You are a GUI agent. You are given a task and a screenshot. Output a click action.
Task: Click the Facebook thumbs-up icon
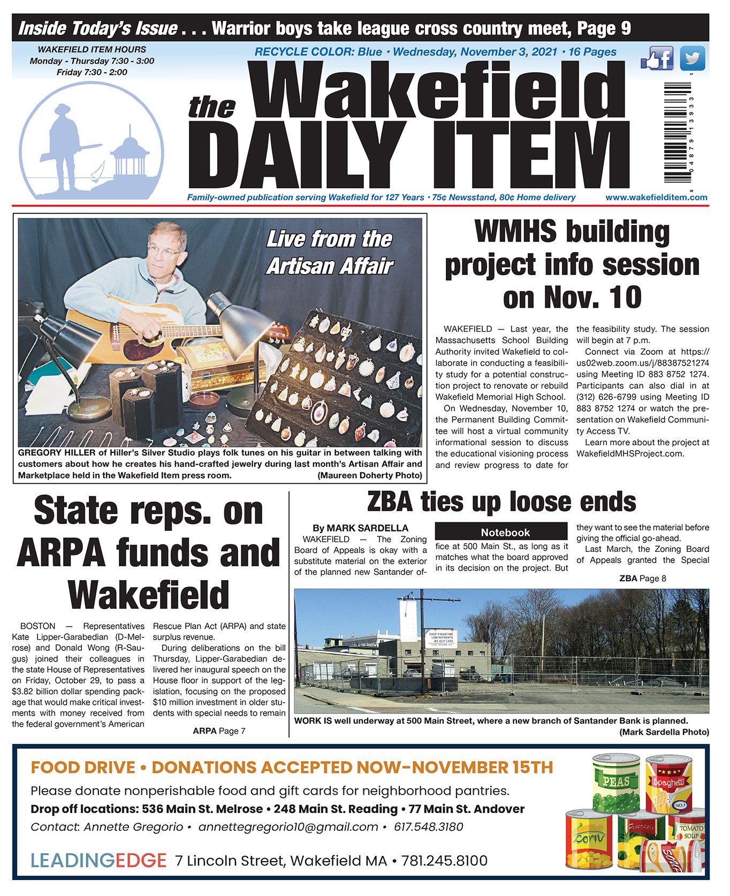(x=657, y=58)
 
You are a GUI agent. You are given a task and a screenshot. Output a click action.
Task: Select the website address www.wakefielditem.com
(x=656, y=198)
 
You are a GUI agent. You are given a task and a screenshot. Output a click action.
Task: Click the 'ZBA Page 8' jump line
(x=642, y=578)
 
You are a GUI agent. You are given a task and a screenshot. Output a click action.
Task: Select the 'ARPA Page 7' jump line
(x=219, y=731)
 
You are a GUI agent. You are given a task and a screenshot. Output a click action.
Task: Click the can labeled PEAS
(x=617, y=783)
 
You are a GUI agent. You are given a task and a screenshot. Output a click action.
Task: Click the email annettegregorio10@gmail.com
(x=288, y=827)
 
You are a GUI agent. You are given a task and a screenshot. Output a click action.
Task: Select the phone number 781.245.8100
(x=444, y=861)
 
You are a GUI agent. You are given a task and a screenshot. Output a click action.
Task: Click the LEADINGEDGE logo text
(x=98, y=861)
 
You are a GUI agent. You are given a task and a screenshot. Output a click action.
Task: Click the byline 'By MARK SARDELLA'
(x=360, y=528)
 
